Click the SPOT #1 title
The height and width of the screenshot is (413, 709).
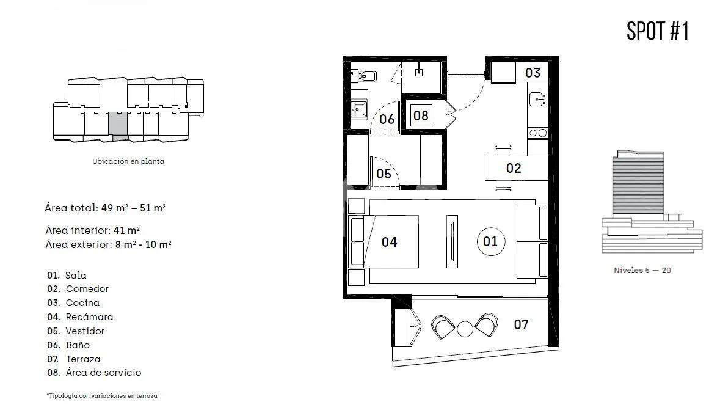[658, 31]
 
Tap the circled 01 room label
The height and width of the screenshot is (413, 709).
[490, 241]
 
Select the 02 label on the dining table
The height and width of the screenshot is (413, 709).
[514, 168]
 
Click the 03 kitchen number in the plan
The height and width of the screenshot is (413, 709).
[533, 73]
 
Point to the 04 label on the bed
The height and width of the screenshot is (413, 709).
[389, 242]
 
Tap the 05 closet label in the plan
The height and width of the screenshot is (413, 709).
[384, 174]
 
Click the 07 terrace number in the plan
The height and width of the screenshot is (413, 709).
[520, 324]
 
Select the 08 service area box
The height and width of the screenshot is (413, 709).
[421, 115]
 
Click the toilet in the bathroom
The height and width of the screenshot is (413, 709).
[365, 76]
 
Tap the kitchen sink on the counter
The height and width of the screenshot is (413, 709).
[537, 98]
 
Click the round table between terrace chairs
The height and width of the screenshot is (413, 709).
[465, 329]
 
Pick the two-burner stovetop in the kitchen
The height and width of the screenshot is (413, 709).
[537, 133]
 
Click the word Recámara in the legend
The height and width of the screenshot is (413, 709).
[89, 317]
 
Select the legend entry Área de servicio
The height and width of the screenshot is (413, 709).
[103, 373]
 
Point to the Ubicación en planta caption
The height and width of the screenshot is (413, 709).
[128, 162]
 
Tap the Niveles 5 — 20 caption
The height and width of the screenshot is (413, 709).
[642, 270]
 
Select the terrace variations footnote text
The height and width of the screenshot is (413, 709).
[102, 396]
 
